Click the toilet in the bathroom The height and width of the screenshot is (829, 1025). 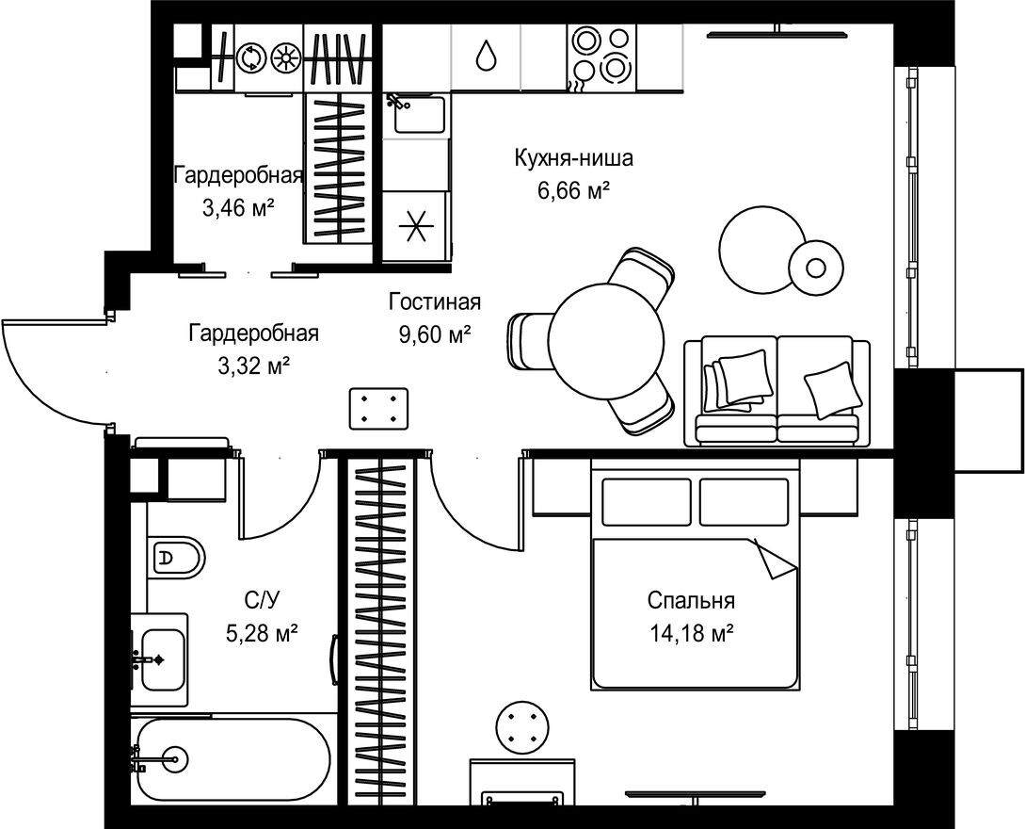click(x=176, y=558)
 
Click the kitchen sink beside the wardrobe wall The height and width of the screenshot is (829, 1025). click(x=414, y=114)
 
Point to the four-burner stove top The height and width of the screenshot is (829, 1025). click(x=600, y=55)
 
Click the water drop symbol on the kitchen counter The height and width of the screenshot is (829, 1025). click(x=486, y=56)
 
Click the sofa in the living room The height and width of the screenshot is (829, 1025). click(x=777, y=390)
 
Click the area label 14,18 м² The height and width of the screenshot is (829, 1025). click(x=691, y=635)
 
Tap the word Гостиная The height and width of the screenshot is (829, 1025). click(x=435, y=302)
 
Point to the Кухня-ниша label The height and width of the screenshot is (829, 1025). click(x=573, y=158)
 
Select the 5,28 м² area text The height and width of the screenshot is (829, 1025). click(x=262, y=634)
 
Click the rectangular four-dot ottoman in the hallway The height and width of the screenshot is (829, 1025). click(x=379, y=409)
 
